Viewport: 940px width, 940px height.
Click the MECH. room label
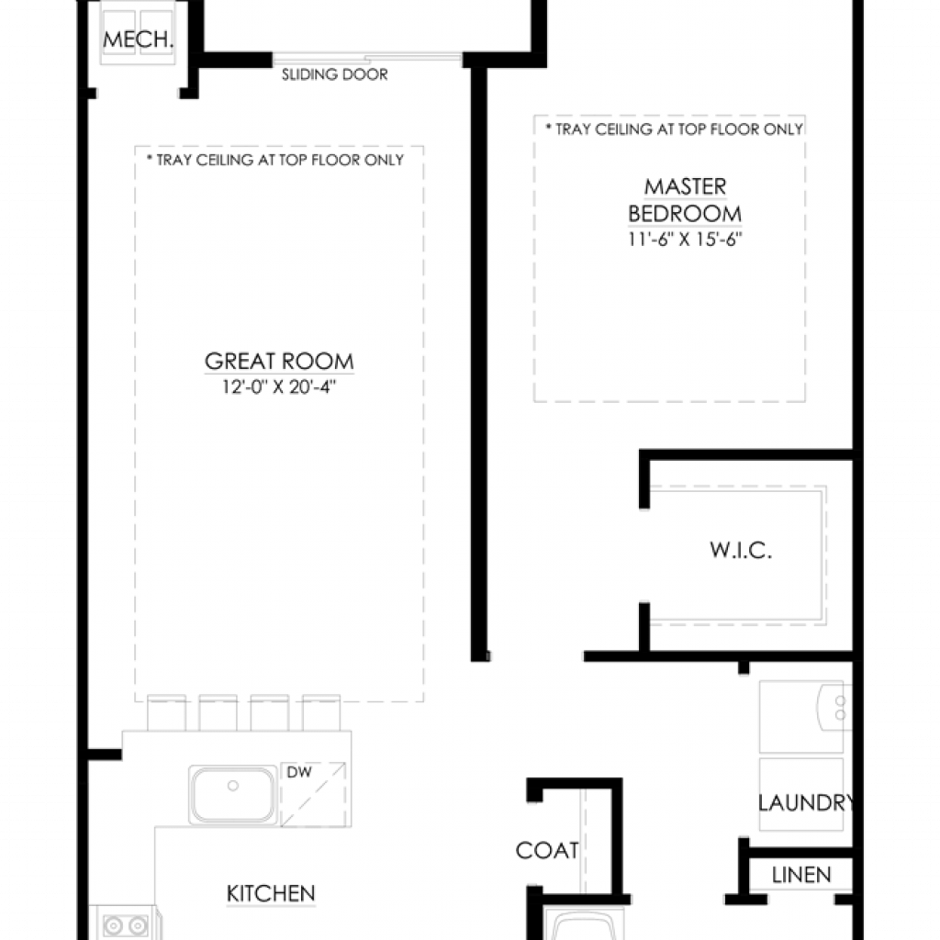[138, 39]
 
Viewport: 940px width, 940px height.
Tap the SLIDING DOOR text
[334, 74]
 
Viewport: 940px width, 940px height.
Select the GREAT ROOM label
[279, 361]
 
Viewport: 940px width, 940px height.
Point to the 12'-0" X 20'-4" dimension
[279, 386]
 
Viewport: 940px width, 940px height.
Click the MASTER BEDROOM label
[685, 200]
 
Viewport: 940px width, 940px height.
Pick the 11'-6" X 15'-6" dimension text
[685, 240]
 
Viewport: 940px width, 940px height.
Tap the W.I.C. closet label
[741, 550]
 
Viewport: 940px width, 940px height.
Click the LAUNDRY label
[806, 802]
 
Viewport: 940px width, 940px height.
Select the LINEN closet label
[800, 875]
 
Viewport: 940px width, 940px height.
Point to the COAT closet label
[547, 850]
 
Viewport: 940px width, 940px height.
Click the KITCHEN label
[271, 893]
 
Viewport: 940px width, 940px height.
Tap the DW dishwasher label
[299, 771]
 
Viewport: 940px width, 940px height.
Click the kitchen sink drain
[233, 786]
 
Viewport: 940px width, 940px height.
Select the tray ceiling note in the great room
[275, 160]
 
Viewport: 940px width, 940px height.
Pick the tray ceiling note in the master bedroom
[674, 129]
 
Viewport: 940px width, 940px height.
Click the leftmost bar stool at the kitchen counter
[166, 712]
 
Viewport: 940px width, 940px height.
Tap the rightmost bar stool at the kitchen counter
[321, 712]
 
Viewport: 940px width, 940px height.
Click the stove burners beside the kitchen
[125, 925]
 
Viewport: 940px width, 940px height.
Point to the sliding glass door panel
[367, 58]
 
